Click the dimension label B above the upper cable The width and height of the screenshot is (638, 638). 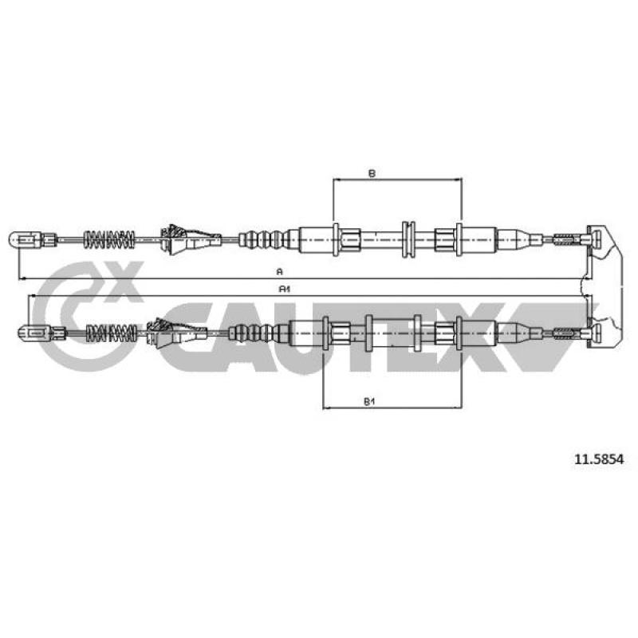[x=372, y=174]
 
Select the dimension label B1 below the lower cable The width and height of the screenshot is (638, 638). [x=368, y=402]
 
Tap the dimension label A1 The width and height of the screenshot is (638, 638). [x=284, y=289]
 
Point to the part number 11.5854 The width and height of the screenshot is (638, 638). [x=599, y=459]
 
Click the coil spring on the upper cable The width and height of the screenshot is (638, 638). [x=108, y=240]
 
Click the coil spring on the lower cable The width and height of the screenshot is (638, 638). [x=111, y=333]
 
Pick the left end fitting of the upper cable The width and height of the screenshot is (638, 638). [x=33, y=240]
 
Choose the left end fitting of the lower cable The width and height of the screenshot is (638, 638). [x=41, y=333]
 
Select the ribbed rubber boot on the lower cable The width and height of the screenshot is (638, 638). [x=252, y=333]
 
